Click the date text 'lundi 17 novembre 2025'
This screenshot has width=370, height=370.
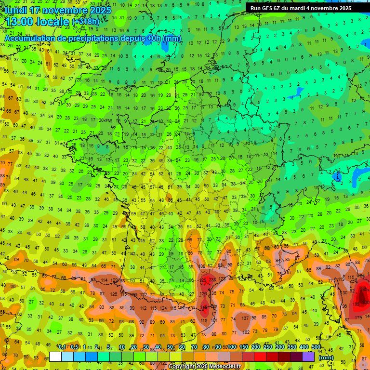(x=58, y=10)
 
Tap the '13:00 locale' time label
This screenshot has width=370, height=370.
(x=37, y=21)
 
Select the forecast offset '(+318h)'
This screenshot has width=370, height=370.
(x=86, y=22)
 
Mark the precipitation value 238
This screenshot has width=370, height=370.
(x=212, y=279)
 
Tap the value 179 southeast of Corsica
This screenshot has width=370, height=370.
(x=358, y=317)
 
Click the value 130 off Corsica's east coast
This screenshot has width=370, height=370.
(x=344, y=292)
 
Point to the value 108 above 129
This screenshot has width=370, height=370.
(x=202, y=266)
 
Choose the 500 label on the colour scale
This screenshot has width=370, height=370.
(x=316, y=347)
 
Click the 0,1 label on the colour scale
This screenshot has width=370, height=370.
(x=62, y=347)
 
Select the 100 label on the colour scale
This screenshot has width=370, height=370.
(x=232, y=347)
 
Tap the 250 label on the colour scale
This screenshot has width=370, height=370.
(x=267, y=347)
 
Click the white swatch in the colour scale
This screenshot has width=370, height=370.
(x=55, y=357)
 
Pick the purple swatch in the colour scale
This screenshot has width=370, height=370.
(x=308, y=357)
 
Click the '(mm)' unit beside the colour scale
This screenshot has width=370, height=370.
(x=326, y=357)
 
